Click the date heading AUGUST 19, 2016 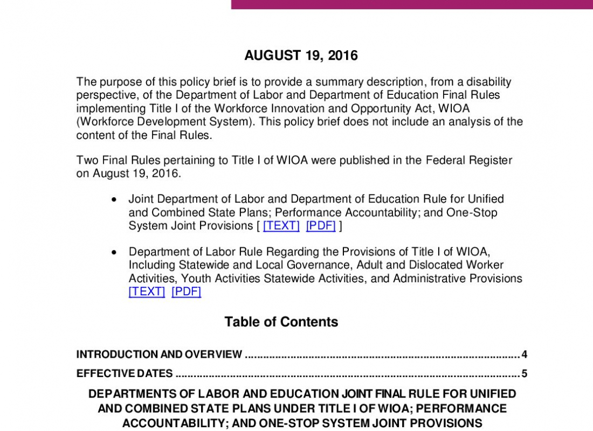pyautogui.click(x=301, y=55)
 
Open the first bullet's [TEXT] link pyautogui.click(x=281, y=226)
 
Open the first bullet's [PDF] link pyautogui.click(x=321, y=226)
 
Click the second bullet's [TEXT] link pyautogui.click(x=147, y=291)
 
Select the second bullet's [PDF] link pyautogui.click(x=186, y=291)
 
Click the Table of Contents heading pyautogui.click(x=281, y=322)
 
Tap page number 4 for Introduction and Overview pyautogui.click(x=524, y=354)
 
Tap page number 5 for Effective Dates pyautogui.click(x=524, y=373)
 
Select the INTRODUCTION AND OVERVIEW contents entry pyautogui.click(x=159, y=354)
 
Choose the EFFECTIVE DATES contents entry pyautogui.click(x=125, y=373)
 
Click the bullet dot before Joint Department pyautogui.click(x=113, y=199)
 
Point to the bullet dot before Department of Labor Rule pyautogui.click(x=113, y=252)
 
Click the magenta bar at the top pyautogui.click(x=412, y=4)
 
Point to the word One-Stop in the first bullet pyautogui.click(x=472, y=212)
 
